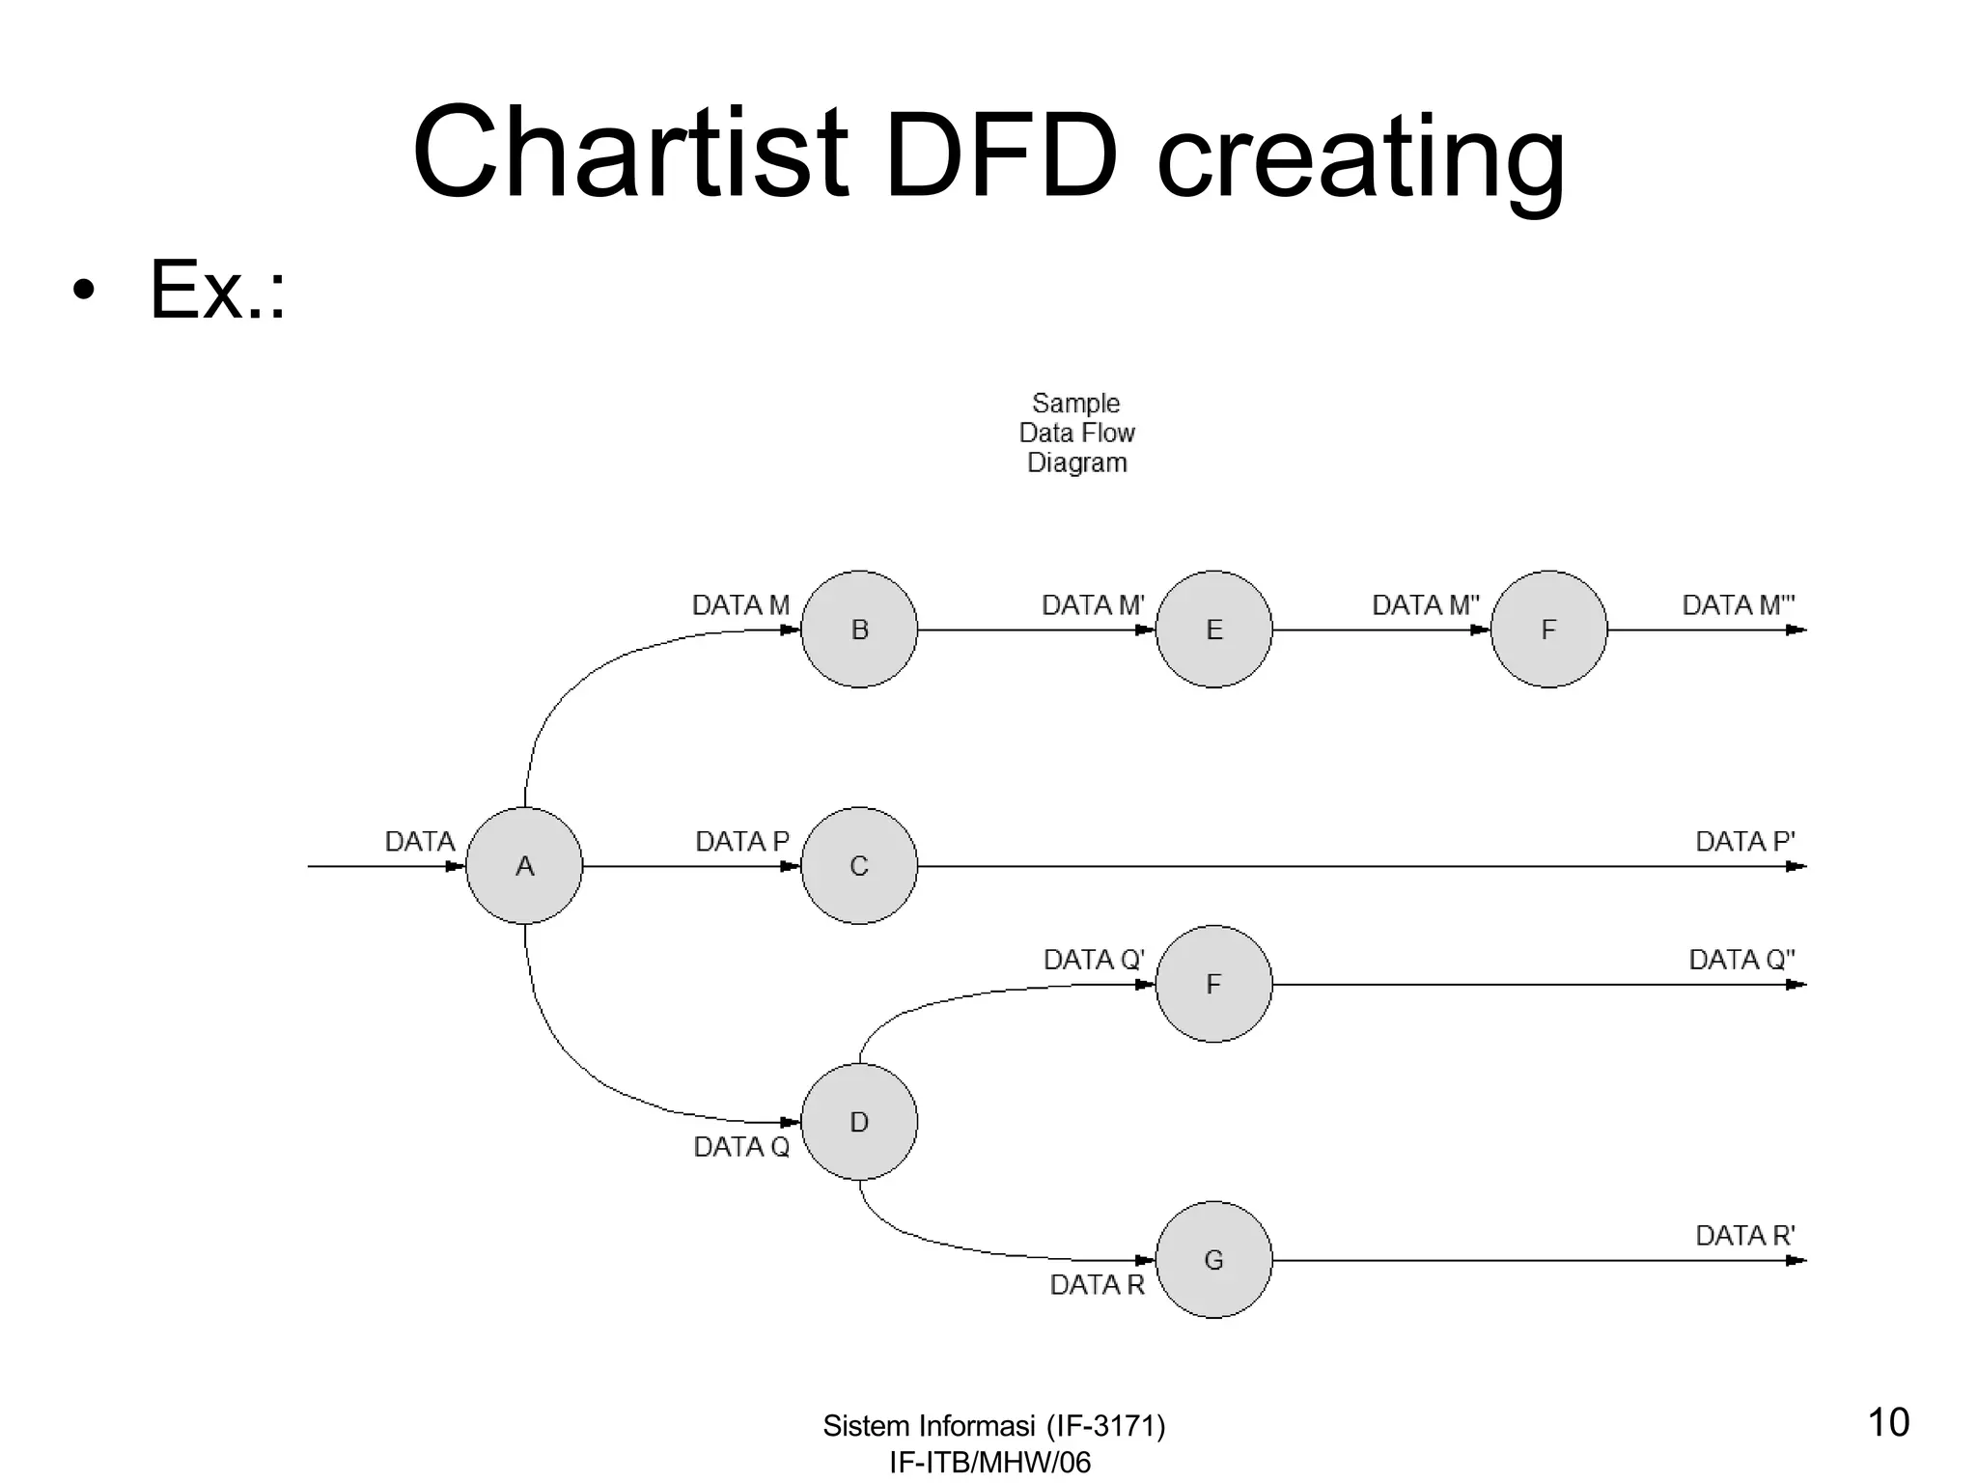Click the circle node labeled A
(524, 866)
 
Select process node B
(859, 630)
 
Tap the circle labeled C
(859, 866)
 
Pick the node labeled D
(859, 1122)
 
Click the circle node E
(1213, 630)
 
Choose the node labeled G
(1213, 1260)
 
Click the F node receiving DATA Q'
(1213, 984)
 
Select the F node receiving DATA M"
(1548, 630)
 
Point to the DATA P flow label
(741, 842)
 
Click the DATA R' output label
(1744, 1236)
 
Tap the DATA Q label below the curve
(741, 1147)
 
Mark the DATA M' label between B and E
(1093, 605)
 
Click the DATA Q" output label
(1741, 960)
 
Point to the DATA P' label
(1744, 842)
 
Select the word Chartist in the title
(629, 154)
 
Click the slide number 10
(1888, 1423)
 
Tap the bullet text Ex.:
(217, 290)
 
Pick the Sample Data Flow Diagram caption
(1076, 433)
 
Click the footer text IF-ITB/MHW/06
(989, 1463)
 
